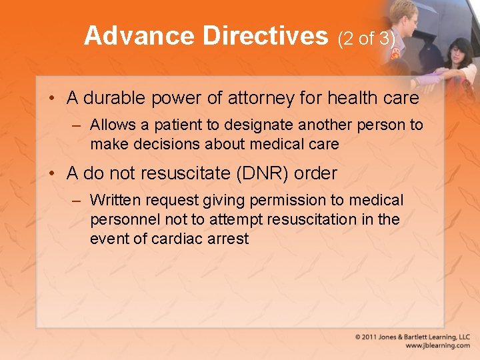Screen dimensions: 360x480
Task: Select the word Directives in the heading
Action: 265,36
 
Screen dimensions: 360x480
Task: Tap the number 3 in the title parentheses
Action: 385,39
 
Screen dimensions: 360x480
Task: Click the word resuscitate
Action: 179,174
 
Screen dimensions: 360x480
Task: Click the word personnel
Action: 123,219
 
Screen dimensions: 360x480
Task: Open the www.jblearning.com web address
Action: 437,346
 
